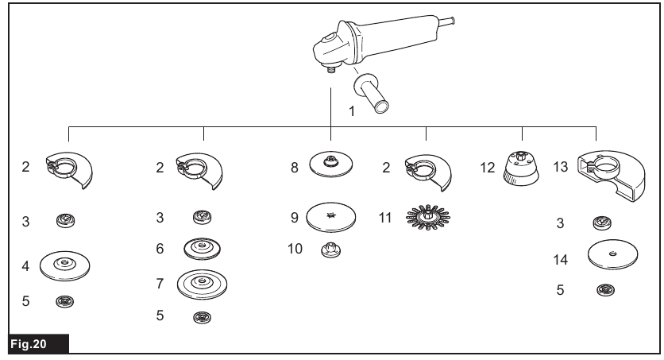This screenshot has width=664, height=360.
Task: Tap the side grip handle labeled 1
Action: [x=373, y=91]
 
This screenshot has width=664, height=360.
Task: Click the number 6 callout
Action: [x=161, y=248]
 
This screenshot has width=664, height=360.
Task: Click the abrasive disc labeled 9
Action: [x=330, y=216]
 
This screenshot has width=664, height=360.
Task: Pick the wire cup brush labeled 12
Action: [x=522, y=169]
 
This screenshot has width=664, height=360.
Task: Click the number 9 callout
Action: [x=295, y=216]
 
